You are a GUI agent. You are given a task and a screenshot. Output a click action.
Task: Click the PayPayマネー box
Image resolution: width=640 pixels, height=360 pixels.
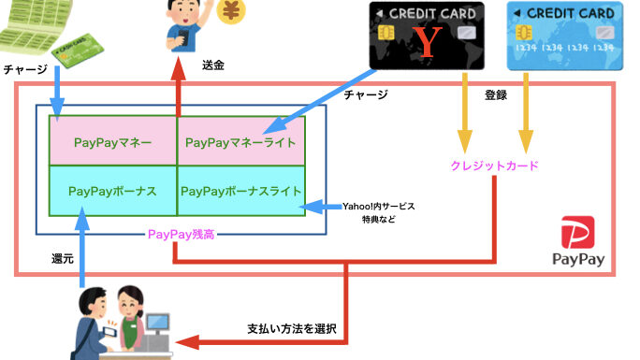pyautogui.click(x=113, y=141)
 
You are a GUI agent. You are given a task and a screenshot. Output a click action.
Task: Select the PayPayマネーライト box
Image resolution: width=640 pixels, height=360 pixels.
pyautogui.click(x=241, y=141)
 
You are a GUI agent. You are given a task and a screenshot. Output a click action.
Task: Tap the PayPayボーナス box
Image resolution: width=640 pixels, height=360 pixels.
pyautogui.click(x=113, y=191)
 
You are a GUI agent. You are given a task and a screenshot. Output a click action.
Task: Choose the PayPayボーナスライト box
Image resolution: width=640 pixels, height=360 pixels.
pyautogui.click(x=241, y=191)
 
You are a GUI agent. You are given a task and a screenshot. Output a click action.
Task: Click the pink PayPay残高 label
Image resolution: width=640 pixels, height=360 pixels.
pyautogui.click(x=181, y=235)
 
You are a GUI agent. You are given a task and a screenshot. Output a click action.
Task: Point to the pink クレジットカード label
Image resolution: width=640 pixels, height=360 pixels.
pyautogui.click(x=495, y=166)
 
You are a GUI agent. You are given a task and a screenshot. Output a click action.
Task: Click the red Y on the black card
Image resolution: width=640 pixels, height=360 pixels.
pyautogui.click(x=428, y=42)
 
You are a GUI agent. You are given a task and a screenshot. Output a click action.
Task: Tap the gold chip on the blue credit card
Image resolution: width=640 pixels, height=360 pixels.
pyautogui.click(x=524, y=32)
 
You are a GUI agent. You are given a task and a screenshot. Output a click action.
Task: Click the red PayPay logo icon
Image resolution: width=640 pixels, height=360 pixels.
pyautogui.click(x=578, y=233)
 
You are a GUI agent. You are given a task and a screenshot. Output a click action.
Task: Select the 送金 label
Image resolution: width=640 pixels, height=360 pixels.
pyautogui.click(x=213, y=65)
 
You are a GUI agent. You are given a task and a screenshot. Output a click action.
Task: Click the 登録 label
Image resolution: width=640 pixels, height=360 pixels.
pyautogui.click(x=496, y=95)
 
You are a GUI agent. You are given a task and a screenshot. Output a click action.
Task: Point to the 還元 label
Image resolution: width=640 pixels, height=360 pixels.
pyautogui.click(x=63, y=258)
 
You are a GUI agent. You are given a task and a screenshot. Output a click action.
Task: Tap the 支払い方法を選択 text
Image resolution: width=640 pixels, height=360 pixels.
pyautogui.click(x=292, y=328)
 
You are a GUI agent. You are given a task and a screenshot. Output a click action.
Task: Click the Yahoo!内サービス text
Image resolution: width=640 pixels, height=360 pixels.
pyautogui.click(x=378, y=207)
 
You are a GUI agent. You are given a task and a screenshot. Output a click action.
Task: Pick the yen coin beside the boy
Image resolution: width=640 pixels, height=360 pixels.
pyautogui.click(x=231, y=10)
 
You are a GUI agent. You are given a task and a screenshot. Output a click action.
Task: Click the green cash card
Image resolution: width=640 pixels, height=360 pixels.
pyautogui.click(x=78, y=50)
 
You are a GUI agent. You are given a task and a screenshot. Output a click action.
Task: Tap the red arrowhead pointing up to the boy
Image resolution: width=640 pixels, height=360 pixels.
pyautogui.click(x=179, y=68)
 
